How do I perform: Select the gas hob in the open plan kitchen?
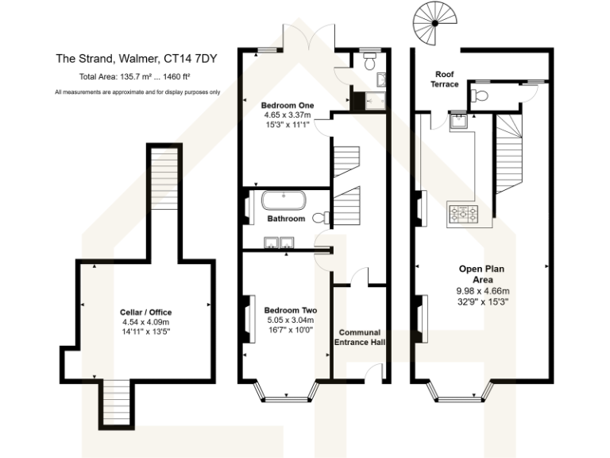[462, 212]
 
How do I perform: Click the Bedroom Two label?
[291, 309]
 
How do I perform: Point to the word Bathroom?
[286, 218]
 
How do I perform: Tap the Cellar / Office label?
[146, 312]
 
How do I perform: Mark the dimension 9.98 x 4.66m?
[482, 290]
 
